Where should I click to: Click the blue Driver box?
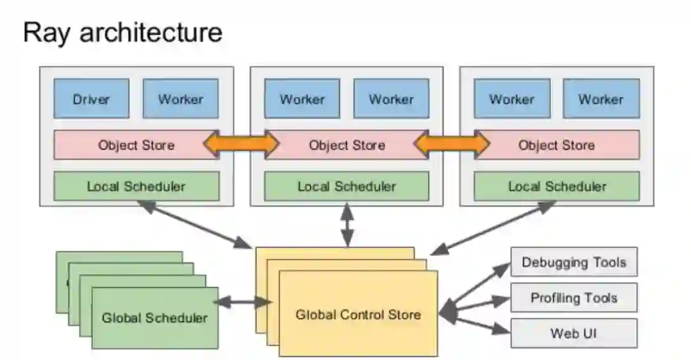pyautogui.click(x=91, y=99)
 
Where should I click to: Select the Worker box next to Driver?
pyautogui.click(x=180, y=99)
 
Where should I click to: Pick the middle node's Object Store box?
pyautogui.click(x=347, y=145)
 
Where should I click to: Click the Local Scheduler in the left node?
pyautogui.click(x=136, y=187)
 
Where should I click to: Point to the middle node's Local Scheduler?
pyautogui.click(x=347, y=187)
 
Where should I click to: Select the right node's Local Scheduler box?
pyautogui.click(x=557, y=187)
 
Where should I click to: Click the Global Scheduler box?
pyautogui.click(x=155, y=318)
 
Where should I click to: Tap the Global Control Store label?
pyautogui.click(x=358, y=315)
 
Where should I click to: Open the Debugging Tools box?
pyautogui.click(x=574, y=262)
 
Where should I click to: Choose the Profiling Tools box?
pyautogui.click(x=574, y=298)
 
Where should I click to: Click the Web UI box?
pyautogui.click(x=574, y=333)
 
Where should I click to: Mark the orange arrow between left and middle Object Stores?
pyautogui.click(x=241, y=145)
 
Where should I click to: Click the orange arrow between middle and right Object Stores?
pyautogui.click(x=452, y=145)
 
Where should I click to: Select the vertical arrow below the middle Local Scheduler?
pyautogui.click(x=347, y=226)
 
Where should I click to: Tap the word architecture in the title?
pyautogui.click(x=151, y=32)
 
